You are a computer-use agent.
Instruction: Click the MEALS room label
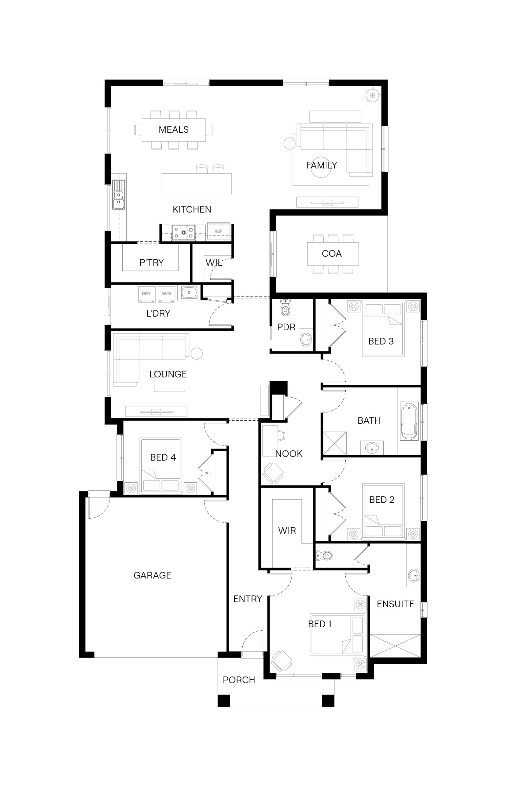point(174,130)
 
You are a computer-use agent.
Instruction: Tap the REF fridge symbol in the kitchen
point(218,232)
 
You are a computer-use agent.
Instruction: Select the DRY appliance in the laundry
point(147,294)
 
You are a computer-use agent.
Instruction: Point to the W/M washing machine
point(167,294)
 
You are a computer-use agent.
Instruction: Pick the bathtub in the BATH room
point(409,421)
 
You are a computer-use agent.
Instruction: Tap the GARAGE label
point(152,575)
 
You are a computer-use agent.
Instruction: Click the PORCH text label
point(239,680)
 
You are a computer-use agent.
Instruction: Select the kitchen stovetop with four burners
point(183,232)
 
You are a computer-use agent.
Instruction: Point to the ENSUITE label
point(395,604)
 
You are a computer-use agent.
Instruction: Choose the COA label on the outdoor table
point(332,253)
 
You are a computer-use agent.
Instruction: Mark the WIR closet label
point(287,531)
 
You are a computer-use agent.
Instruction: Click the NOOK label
point(289,454)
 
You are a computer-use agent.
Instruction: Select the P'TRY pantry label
point(152,263)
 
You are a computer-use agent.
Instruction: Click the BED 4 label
point(163,457)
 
